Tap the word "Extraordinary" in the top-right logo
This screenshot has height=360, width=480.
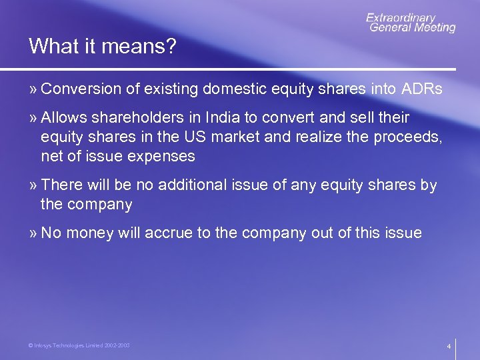[x=400, y=18]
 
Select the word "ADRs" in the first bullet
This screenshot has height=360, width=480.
[x=422, y=89]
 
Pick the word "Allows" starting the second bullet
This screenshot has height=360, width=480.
[x=64, y=118]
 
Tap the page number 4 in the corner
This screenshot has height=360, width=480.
[x=449, y=347]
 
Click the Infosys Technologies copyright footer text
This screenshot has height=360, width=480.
[x=79, y=345]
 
